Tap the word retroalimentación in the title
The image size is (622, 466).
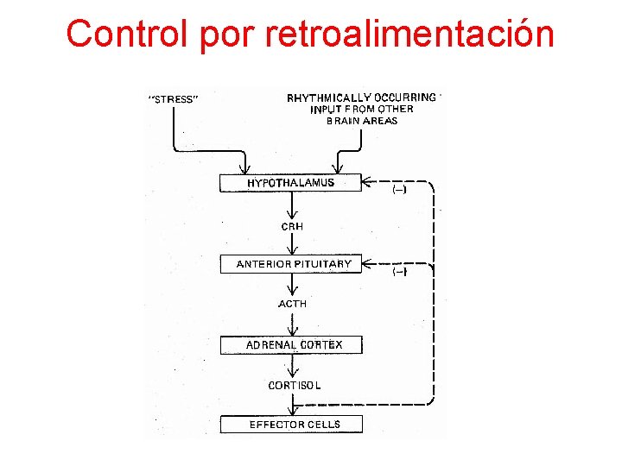pyautogui.click(x=410, y=35)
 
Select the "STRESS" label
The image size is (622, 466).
pyautogui.click(x=175, y=99)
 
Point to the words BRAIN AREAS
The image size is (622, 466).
pyautogui.click(x=362, y=121)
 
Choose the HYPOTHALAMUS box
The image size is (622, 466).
pyautogui.click(x=291, y=183)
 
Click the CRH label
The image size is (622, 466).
pyautogui.click(x=292, y=226)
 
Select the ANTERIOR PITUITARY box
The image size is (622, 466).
pyautogui.click(x=292, y=264)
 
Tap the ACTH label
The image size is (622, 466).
pyautogui.click(x=292, y=304)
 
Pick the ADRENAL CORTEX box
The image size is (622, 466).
pyautogui.click(x=292, y=344)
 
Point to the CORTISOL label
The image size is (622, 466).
pyautogui.click(x=294, y=385)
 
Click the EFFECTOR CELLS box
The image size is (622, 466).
pyautogui.click(x=292, y=424)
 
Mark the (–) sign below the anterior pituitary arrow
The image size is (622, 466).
pyautogui.click(x=400, y=273)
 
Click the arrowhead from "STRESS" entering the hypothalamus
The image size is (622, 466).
pyautogui.click(x=244, y=167)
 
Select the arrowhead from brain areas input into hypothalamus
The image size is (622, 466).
pyautogui.click(x=339, y=167)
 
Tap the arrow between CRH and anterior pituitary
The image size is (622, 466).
pyautogui.click(x=292, y=245)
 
